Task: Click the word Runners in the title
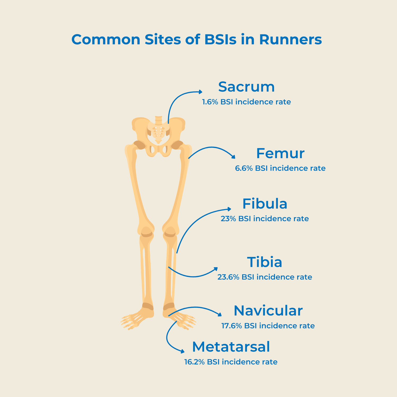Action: pyautogui.click(x=290, y=39)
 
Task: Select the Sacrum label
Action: pyautogui.click(x=246, y=87)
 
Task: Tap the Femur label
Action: pyautogui.click(x=280, y=153)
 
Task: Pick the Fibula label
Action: pyautogui.click(x=265, y=204)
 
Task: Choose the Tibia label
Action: pyautogui.click(x=265, y=262)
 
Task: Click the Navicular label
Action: pyautogui.click(x=268, y=311)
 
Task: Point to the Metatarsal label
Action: pyautogui.click(x=231, y=347)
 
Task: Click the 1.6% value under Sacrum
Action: pyautogui.click(x=210, y=102)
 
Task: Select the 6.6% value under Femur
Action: pyautogui.click(x=244, y=168)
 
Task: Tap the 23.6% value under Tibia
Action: pyautogui.click(x=228, y=277)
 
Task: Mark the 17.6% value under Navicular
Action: pyautogui.click(x=232, y=326)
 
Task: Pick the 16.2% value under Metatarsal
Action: pyautogui.click(x=194, y=362)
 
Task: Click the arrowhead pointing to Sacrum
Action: pyautogui.click(x=201, y=92)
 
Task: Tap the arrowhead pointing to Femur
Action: pyautogui.click(x=233, y=157)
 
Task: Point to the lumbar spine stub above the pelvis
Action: pyautogui.click(x=159, y=120)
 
